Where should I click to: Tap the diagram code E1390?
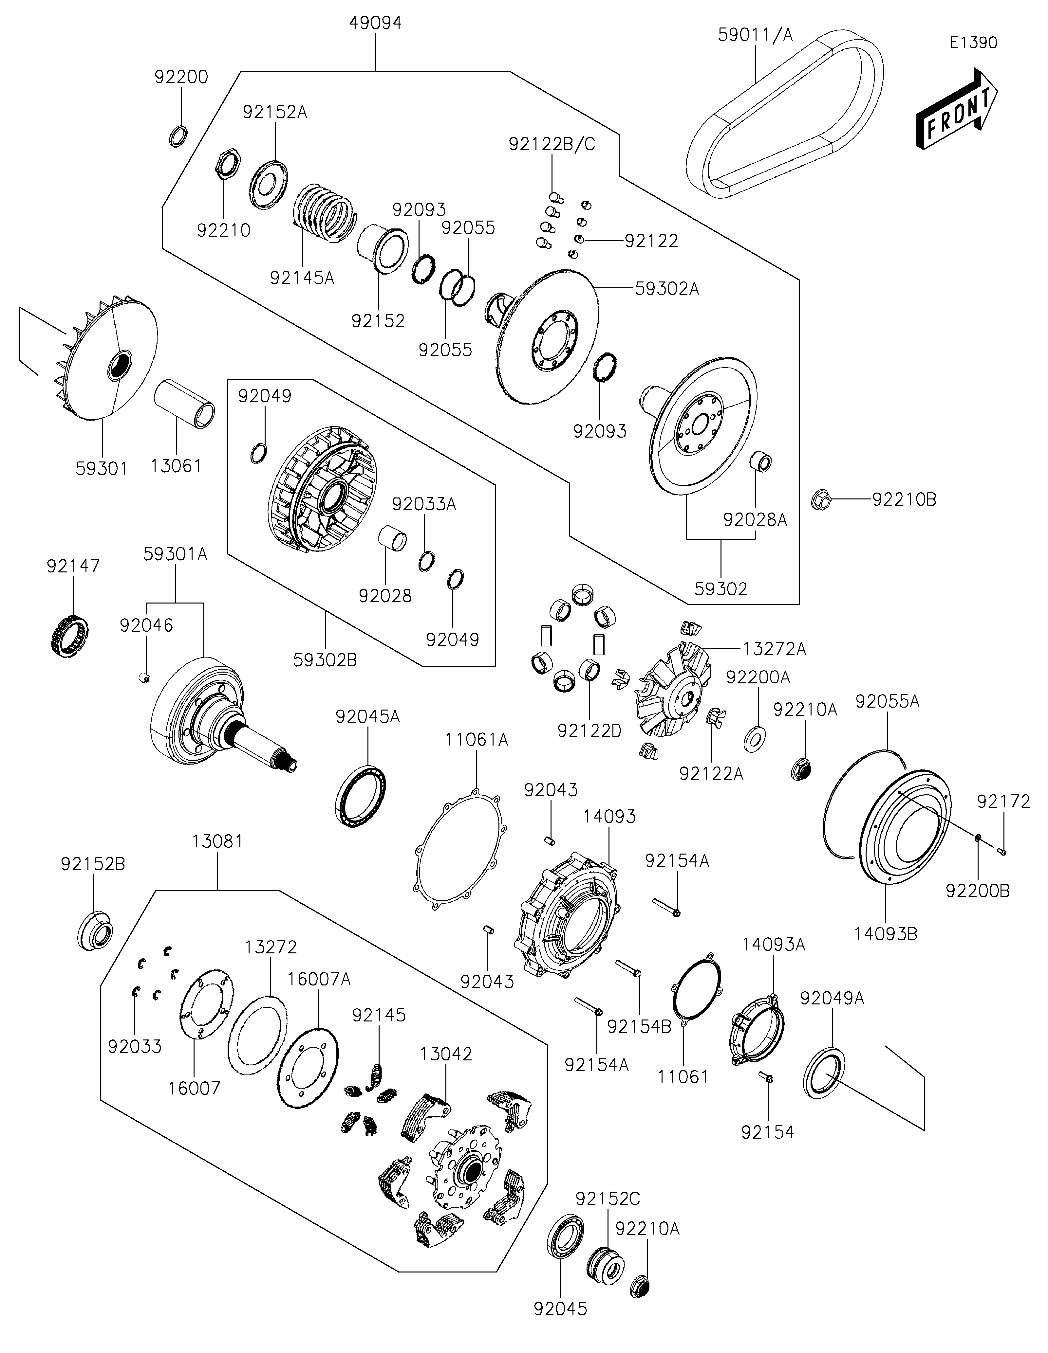pyautogui.click(x=973, y=43)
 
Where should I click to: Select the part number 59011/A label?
pyautogui.click(x=755, y=35)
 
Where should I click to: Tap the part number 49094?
pyautogui.click(x=376, y=23)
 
